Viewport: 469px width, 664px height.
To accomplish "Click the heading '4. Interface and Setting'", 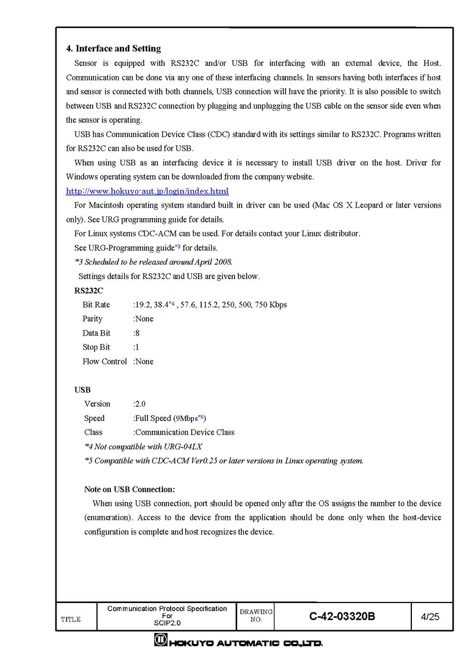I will (113, 49).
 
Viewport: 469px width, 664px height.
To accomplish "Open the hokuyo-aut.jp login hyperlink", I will (147, 191).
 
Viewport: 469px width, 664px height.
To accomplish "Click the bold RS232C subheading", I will (89, 290).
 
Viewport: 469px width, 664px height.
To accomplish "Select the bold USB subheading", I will (83, 390).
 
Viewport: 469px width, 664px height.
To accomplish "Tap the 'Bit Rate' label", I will (96, 305).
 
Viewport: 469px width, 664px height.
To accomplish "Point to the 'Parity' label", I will (93, 319).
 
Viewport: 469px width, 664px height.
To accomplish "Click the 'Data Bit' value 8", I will (137, 333).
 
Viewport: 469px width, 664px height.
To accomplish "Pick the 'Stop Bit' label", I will (96, 347).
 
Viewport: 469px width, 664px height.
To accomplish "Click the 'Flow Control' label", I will (105, 362).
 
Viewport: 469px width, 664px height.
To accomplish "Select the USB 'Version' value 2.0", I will (140, 404).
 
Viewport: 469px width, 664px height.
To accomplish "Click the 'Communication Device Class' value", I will (185, 432).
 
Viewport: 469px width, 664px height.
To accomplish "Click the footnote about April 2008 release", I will (154, 262).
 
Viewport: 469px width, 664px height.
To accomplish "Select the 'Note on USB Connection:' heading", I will (129, 489).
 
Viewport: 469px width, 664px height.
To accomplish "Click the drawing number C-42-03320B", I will (343, 616).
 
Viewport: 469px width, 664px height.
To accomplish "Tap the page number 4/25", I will (430, 616).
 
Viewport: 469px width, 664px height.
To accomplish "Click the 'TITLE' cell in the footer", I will (70, 620).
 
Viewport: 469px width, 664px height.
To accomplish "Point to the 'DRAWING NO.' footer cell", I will (256, 616).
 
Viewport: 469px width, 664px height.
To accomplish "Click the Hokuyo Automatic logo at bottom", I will (238, 642).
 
